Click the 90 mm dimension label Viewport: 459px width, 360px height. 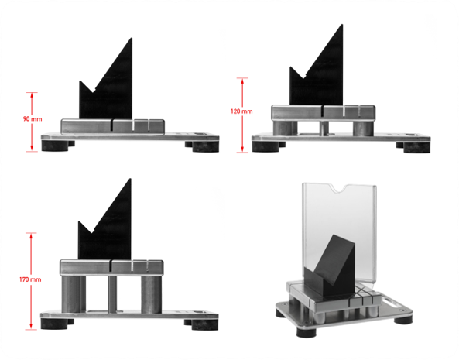tap(33, 118)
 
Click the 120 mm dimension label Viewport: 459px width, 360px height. tap(241, 111)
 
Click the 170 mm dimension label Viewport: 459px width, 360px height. tap(30, 279)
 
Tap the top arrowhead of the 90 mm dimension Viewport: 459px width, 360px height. tap(32, 94)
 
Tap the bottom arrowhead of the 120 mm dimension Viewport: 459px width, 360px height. tap(242, 150)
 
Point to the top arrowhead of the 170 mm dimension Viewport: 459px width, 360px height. tap(31, 235)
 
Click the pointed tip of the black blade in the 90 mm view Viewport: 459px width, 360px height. tap(132, 38)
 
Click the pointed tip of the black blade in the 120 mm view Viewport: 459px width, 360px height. tap(342, 25)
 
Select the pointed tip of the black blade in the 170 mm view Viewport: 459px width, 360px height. tap(130, 179)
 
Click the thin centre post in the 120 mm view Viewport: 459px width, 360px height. tap(324, 129)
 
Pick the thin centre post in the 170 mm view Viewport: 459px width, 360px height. tap(112, 294)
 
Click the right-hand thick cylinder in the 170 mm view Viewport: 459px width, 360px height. tap(151, 294)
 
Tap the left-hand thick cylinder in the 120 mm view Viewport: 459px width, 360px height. tap(283, 129)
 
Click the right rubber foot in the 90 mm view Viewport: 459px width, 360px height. tap(205, 146)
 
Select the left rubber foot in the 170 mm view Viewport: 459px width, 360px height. tap(54, 324)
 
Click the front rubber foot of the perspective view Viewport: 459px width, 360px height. tap(307, 332)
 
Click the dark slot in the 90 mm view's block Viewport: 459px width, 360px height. tap(111, 125)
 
